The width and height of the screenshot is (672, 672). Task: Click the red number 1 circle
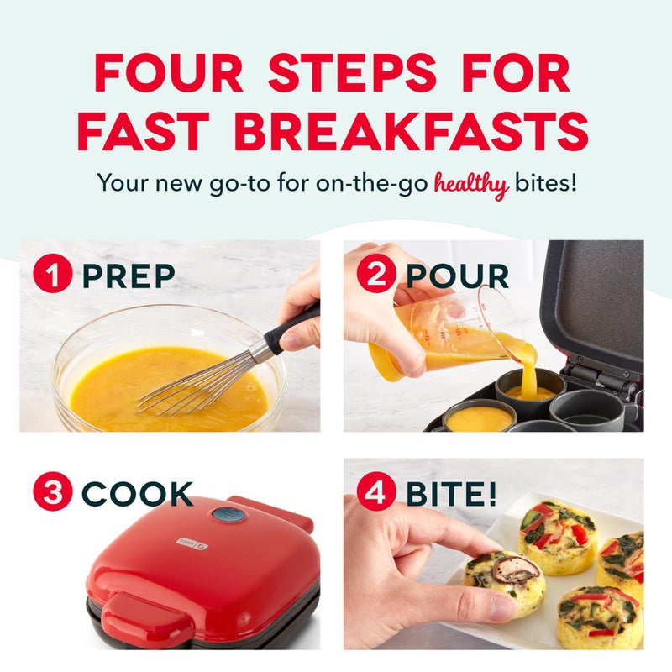53,276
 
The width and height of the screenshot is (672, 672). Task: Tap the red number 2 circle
376,276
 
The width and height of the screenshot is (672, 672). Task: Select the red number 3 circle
53,493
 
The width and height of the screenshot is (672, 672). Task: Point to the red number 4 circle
376,493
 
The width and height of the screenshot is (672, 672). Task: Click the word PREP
129,276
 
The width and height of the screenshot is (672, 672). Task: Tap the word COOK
137,494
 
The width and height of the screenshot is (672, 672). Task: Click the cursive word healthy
471,185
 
